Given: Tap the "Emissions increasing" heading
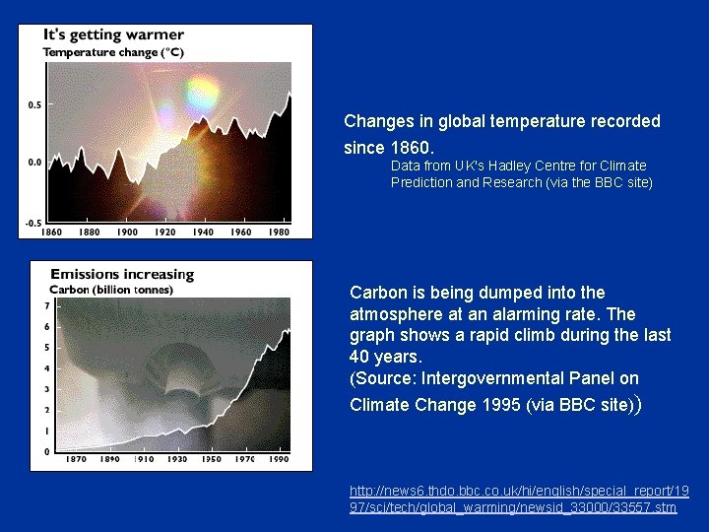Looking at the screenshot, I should click(122, 274).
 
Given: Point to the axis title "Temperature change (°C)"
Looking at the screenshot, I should click(112, 52).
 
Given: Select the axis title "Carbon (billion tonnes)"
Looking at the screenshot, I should click(111, 290).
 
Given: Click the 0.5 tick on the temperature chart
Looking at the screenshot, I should click(34, 103).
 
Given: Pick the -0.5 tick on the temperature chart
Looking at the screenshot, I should click(32, 223).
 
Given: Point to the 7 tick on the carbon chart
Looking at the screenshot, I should click(33, 306).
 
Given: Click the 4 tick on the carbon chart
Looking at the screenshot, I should click(33, 368).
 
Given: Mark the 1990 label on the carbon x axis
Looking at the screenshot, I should click(280, 460).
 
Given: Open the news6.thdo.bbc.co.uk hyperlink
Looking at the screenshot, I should click(520, 499).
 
